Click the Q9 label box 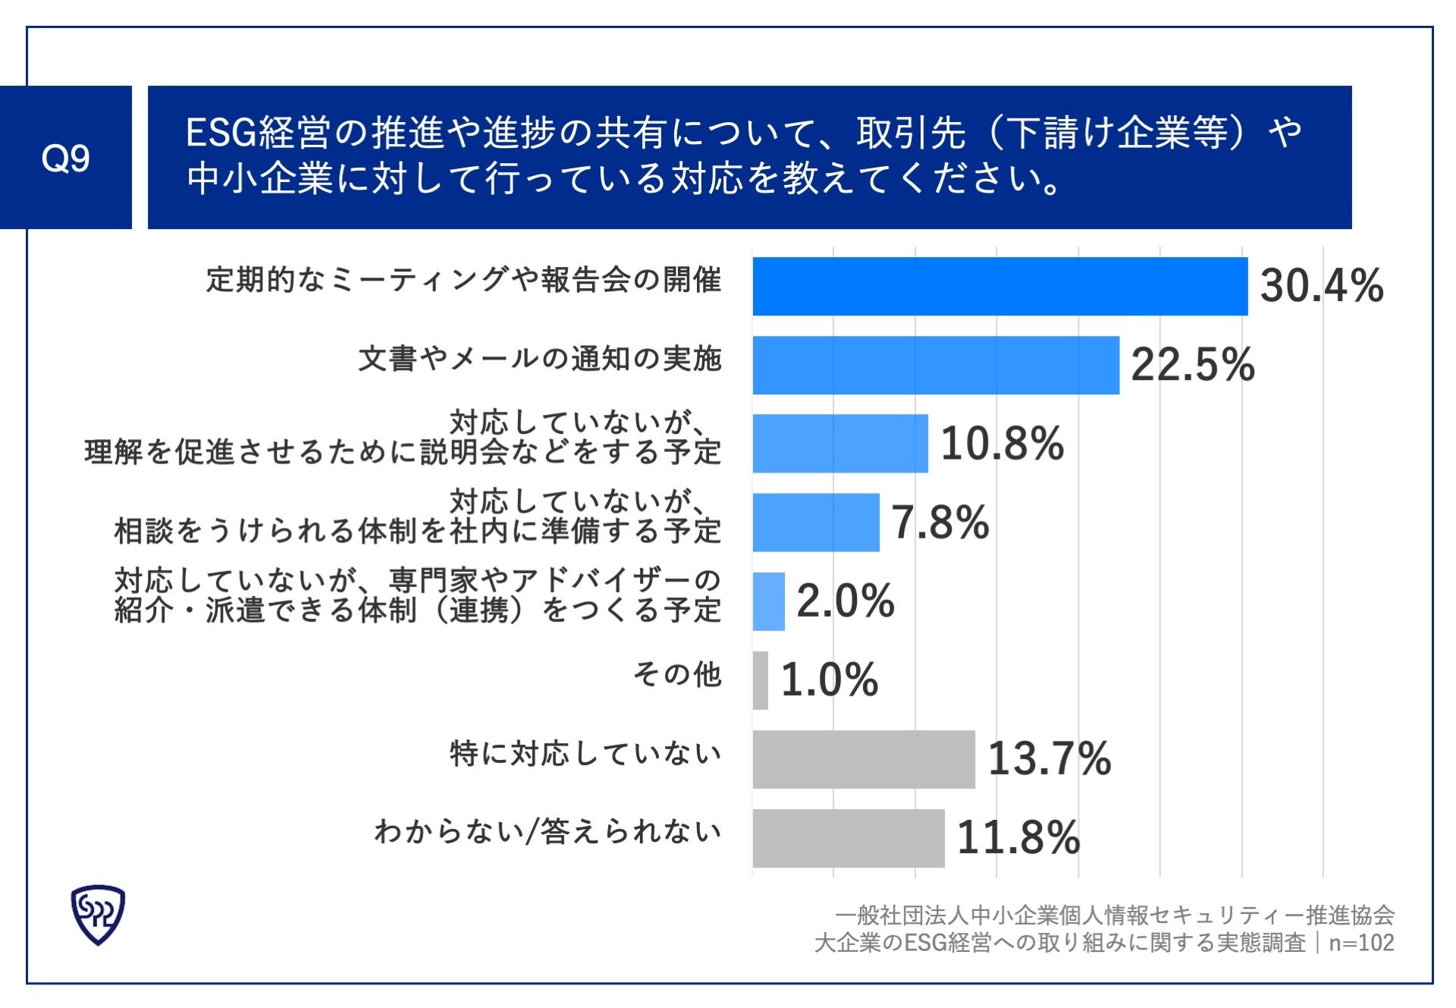[x=66, y=157]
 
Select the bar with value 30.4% [x=999, y=286]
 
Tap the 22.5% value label [x=1192, y=365]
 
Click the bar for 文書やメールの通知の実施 [x=935, y=365]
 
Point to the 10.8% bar [x=839, y=443]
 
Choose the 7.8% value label [x=940, y=523]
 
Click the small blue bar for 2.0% [x=768, y=601]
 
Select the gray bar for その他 [x=760, y=680]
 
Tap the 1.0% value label [x=829, y=680]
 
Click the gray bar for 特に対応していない [x=863, y=759]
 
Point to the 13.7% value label [x=1049, y=758]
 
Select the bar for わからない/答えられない [x=848, y=838]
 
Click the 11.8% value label [x=1018, y=838]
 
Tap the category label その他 [x=676, y=674]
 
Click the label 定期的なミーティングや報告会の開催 [x=463, y=280]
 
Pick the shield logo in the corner [x=98, y=914]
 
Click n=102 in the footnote [x=1361, y=943]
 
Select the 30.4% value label [x=1321, y=286]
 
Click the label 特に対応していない [x=585, y=753]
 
